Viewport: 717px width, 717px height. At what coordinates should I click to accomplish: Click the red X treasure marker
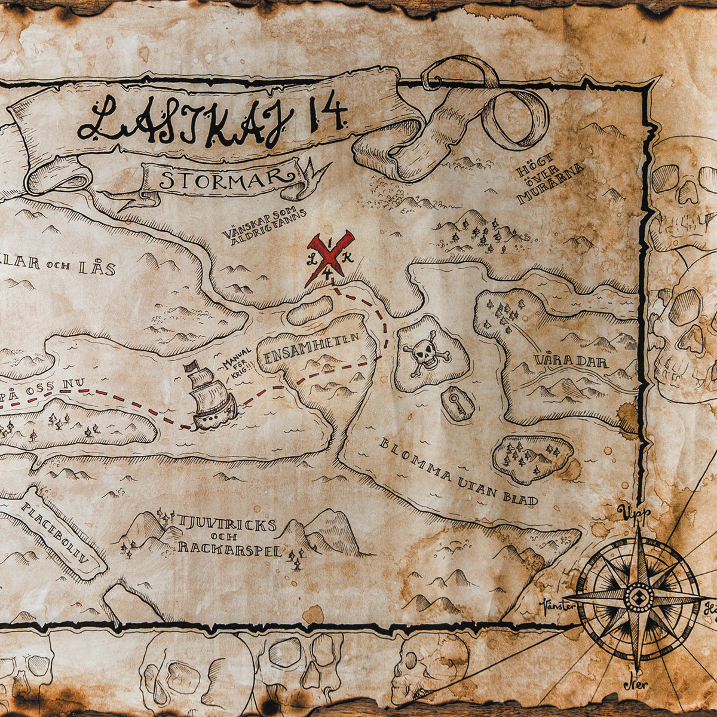point(329,259)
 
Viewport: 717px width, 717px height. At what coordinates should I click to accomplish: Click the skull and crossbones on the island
point(426,354)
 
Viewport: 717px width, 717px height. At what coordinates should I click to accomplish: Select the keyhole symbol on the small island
point(457,403)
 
